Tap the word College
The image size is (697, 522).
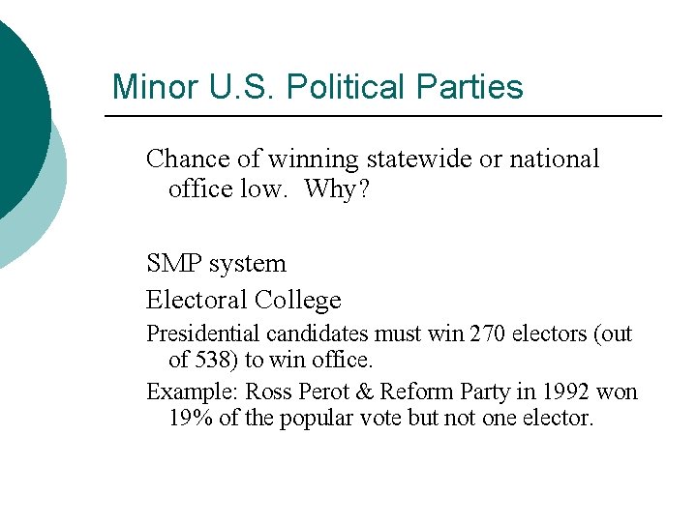click(x=298, y=301)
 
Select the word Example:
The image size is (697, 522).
click(x=192, y=392)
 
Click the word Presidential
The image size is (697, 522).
click(x=202, y=334)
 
